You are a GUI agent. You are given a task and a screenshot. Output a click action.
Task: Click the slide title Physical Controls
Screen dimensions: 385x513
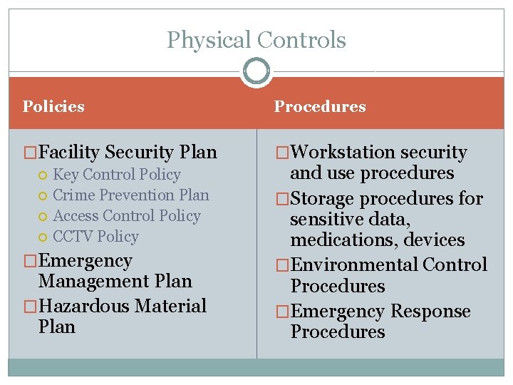click(256, 40)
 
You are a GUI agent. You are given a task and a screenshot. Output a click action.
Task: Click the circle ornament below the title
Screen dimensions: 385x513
click(256, 71)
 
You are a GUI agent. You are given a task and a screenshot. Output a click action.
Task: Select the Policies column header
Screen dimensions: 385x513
click(53, 107)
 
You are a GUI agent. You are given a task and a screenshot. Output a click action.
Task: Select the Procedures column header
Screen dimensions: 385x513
click(320, 107)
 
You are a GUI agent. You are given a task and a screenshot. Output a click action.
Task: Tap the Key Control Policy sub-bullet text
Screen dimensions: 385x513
click(117, 175)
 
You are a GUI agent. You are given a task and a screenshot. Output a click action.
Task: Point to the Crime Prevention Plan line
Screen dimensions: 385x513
click(131, 195)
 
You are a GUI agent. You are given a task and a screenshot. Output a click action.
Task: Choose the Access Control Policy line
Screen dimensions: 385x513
click(127, 216)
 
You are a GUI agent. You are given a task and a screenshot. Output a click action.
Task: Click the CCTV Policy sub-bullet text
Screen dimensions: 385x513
click(95, 237)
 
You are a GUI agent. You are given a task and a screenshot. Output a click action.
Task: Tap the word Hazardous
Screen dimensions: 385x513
click(85, 307)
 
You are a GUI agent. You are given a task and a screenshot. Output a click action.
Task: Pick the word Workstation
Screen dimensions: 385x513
click(343, 153)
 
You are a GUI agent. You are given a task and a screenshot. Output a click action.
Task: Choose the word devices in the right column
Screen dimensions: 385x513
click(433, 241)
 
